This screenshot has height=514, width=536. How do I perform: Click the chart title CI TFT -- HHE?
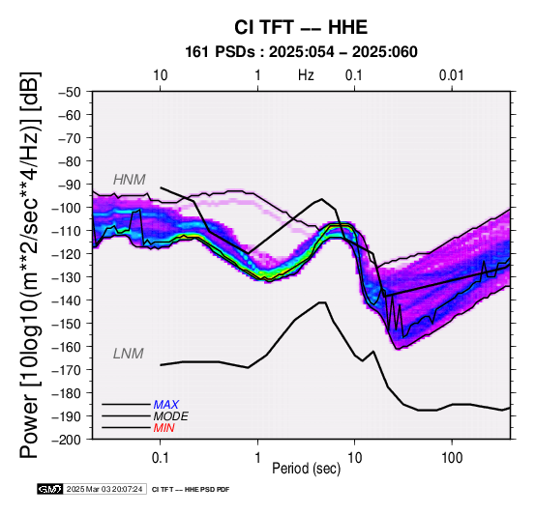301,27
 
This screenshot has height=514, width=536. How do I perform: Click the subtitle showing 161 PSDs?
301,52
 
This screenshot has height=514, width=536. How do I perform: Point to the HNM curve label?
130,180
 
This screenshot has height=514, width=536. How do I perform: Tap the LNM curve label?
128,354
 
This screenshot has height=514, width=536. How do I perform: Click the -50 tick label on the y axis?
70,92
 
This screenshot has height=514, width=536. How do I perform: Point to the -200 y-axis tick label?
67,440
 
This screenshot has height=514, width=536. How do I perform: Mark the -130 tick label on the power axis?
67,276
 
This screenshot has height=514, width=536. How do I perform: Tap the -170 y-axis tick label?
67,370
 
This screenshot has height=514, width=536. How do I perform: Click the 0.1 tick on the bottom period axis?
160,457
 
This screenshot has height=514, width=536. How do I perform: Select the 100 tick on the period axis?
452,457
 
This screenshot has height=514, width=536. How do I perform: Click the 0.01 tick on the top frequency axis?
452,75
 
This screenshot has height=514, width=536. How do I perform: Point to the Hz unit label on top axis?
306,75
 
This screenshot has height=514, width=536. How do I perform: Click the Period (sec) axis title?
307,469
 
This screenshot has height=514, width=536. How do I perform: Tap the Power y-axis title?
30,265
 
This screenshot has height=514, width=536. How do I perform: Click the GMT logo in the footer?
50,489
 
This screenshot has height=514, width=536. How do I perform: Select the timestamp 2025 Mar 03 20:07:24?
104,489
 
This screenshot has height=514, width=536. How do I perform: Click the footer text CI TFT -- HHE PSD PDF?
191,490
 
